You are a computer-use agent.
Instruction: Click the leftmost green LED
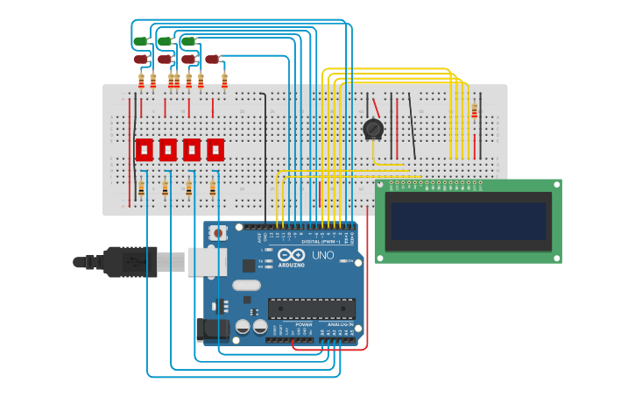(140, 41)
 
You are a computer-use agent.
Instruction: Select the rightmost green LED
(187, 41)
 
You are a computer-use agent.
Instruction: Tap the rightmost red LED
(211, 60)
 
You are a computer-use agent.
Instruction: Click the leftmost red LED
(140, 60)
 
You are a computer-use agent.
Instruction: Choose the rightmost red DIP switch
(215, 149)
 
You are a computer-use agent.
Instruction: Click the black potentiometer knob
(373, 129)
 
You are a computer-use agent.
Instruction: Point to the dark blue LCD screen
(469, 221)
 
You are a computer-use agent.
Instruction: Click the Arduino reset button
(218, 233)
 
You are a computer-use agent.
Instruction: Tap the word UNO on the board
(322, 255)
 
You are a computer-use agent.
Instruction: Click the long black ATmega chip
(311, 308)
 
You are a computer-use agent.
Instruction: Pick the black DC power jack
(211, 329)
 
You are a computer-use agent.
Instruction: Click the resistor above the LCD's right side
(475, 111)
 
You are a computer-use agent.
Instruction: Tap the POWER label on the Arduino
(303, 324)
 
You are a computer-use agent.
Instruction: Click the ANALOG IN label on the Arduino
(341, 324)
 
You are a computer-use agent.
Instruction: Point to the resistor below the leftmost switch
(141, 188)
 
